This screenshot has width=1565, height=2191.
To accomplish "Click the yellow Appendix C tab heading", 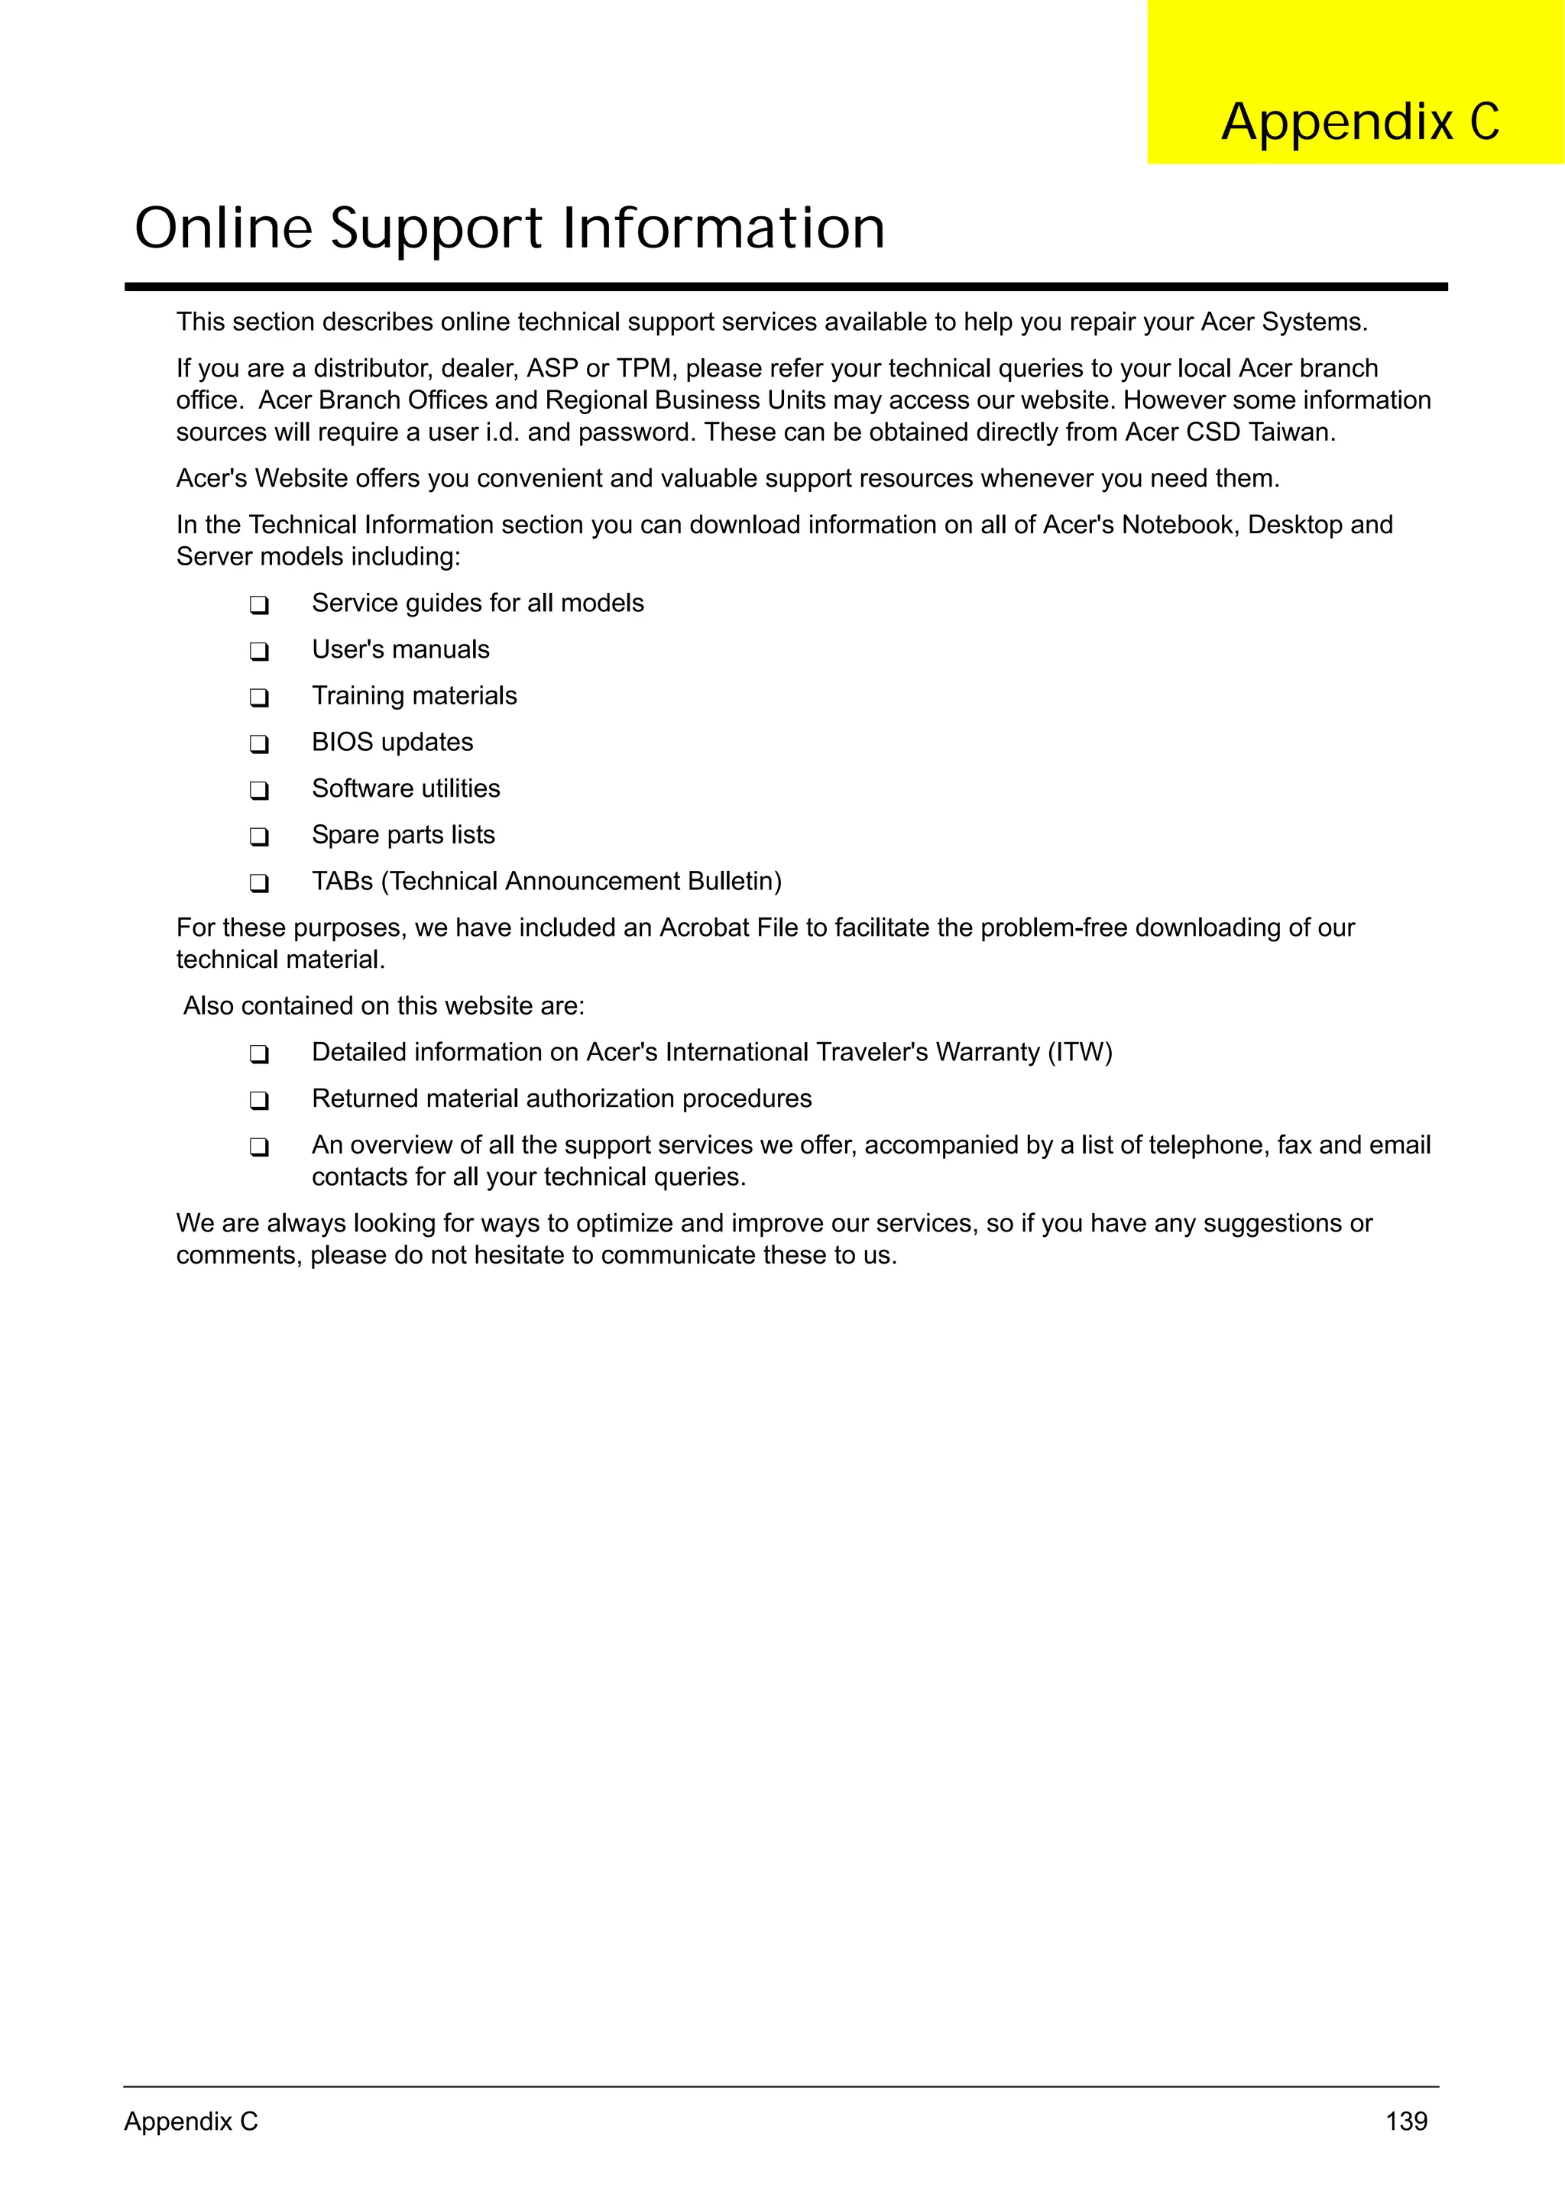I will tap(1359, 121).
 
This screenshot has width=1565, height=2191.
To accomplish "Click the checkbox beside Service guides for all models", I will tap(258, 605).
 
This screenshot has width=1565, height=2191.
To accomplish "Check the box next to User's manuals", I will tap(258, 652).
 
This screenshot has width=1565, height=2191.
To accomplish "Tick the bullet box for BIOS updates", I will tap(258, 744).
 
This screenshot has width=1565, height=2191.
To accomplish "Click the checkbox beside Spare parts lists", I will tap(258, 837).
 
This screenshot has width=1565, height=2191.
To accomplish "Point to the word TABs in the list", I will tap(342, 881).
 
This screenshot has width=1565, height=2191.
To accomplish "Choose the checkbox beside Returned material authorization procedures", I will tap(258, 1100).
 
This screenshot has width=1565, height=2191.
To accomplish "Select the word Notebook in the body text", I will tap(1177, 524).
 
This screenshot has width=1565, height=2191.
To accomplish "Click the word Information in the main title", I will tap(723, 228).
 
